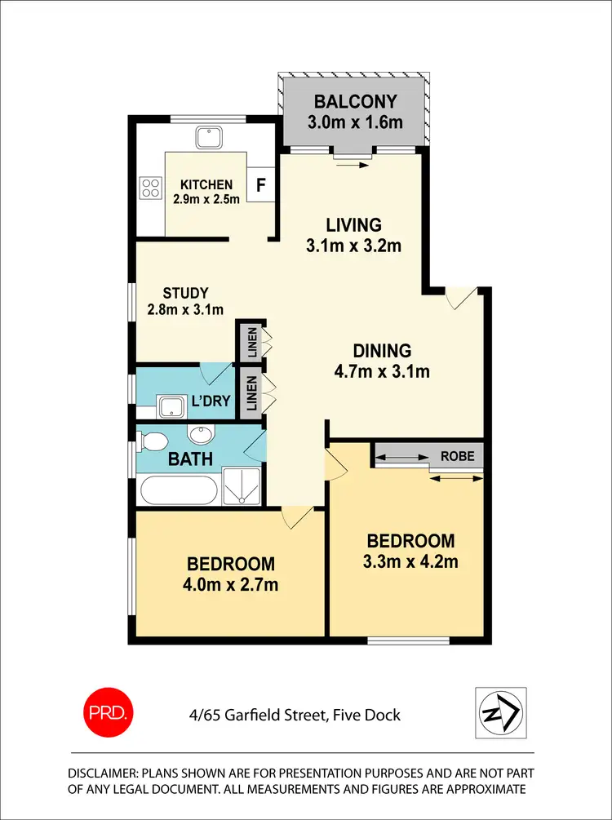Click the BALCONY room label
pyautogui.click(x=356, y=102)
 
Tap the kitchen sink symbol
pyautogui.click(x=206, y=136)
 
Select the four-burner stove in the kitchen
pyautogui.click(x=151, y=188)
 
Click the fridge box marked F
pyautogui.click(x=260, y=184)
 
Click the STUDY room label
pyautogui.click(x=185, y=293)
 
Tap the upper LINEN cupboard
pyautogui.click(x=250, y=343)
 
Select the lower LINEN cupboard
pyautogui.click(x=250, y=392)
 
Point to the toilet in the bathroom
pyautogui.click(x=152, y=441)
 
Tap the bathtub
pyautogui.click(x=179, y=492)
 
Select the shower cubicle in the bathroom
pyautogui.click(x=242, y=488)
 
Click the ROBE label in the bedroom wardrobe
pyautogui.click(x=457, y=456)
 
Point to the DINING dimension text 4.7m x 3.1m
pyautogui.click(x=381, y=372)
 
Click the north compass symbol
pyautogui.click(x=500, y=713)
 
